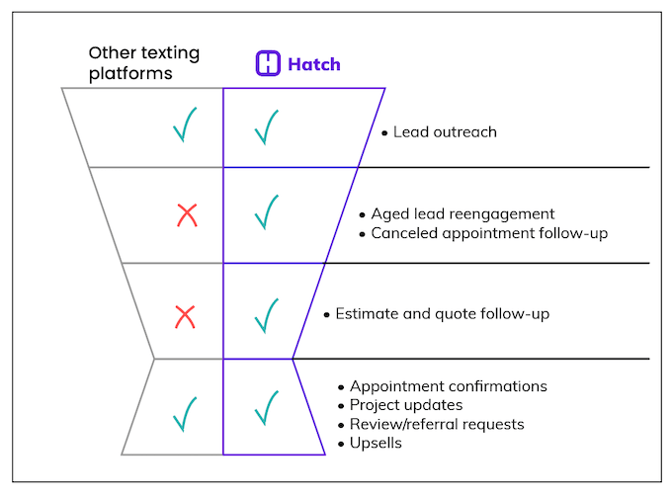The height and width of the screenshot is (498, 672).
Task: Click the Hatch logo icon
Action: pyautogui.click(x=268, y=64)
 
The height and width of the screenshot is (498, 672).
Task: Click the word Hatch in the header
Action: pyautogui.click(x=314, y=64)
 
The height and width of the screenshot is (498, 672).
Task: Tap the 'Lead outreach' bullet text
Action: pyautogui.click(x=444, y=132)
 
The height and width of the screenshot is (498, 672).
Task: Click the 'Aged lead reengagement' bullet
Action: pyautogui.click(x=462, y=213)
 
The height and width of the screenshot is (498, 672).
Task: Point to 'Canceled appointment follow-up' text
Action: pyautogui.click(x=489, y=233)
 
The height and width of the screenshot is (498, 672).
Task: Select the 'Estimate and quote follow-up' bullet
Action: pyautogui.click(x=442, y=314)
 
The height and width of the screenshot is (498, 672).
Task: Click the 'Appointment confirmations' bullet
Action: pyautogui.click(x=448, y=386)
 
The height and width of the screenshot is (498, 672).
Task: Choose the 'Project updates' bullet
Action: pyautogui.click(x=405, y=405)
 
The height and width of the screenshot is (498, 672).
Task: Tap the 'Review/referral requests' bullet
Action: pyautogui.click(x=437, y=424)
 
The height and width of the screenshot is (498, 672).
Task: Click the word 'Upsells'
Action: pyautogui.click(x=376, y=443)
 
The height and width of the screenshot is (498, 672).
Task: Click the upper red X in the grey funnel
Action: pyautogui.click(x=186, y=214)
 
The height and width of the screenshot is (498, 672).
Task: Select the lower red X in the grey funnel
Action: pyautogui.click(x=185, y=316)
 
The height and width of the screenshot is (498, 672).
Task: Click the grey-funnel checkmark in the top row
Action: pyautogui.click(x=185, y=125)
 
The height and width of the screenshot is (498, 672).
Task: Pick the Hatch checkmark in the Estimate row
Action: pyautogui.click(x=266, y=314)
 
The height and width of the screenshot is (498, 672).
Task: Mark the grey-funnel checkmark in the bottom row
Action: pyautogui.click(x=185, y=414)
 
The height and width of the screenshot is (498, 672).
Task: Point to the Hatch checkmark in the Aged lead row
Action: pyautogui.click(x=266, y=211)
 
